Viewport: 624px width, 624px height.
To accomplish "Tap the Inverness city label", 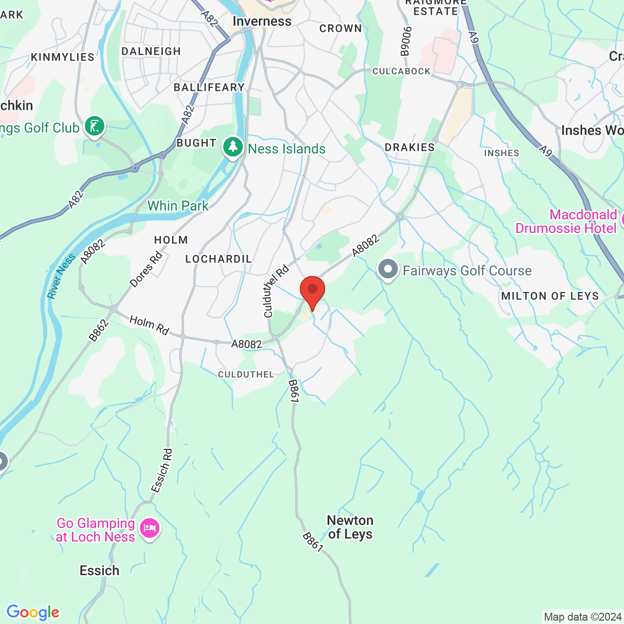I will click(262, 21).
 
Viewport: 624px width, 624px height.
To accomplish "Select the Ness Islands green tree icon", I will click(233, 147).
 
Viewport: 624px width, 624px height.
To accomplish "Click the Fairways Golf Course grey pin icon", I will click(388, 270).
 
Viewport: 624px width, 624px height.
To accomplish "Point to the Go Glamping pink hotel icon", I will click(150, 528).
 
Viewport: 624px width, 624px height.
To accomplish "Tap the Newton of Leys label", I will click(350, 527).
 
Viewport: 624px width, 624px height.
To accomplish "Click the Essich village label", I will click(99, 570).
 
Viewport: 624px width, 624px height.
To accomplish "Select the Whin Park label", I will click(178, 206).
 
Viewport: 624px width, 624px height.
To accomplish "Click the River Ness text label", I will click(61, 276).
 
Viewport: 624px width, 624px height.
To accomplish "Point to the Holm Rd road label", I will click(149, 325).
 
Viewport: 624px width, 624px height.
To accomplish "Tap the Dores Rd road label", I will click(146, 269).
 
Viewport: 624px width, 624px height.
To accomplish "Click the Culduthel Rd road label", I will click(276, 291).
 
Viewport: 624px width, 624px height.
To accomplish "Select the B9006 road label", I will click(406, 41).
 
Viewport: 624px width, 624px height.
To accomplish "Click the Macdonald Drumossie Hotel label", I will click(565, 221).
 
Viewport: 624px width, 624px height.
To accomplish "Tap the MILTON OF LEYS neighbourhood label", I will click(550, 296).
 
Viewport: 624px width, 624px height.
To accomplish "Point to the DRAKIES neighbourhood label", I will click(409, 147).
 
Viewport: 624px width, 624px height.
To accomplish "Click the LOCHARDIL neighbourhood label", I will click(218, 259).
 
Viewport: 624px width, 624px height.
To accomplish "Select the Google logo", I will click(33, 612).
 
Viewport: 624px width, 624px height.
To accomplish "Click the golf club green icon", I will click(94, 126).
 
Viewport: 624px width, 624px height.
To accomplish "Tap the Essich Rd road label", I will click(161, 470).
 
